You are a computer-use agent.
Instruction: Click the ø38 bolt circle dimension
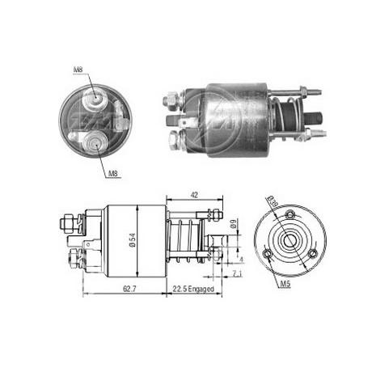pyautogui.click(x=273, y=203)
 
